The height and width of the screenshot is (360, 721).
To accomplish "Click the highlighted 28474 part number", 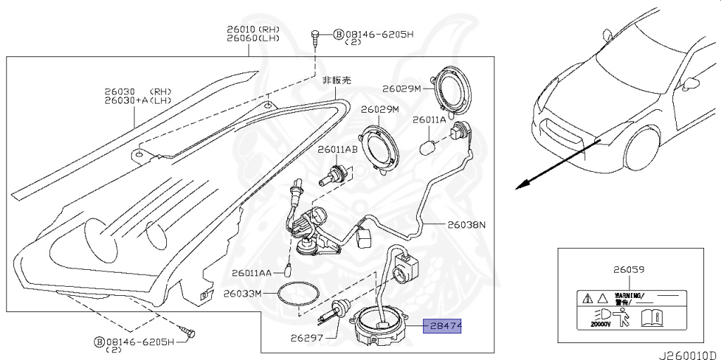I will click(441, 327).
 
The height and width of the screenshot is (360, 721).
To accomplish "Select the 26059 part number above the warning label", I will click(629, 269).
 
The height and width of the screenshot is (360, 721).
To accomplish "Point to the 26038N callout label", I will click(467, 225).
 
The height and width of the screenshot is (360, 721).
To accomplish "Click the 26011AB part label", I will click(337, 149).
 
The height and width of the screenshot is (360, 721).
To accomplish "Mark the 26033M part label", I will click(242, 292).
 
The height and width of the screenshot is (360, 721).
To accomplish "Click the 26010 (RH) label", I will click(253, 29).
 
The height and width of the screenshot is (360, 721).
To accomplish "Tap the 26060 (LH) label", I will click(253, 38).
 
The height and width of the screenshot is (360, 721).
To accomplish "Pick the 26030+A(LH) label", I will click(144, 101).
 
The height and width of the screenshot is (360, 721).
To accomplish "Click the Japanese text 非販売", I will click(335, 81).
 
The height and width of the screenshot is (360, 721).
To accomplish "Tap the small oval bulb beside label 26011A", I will click(426, 147).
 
